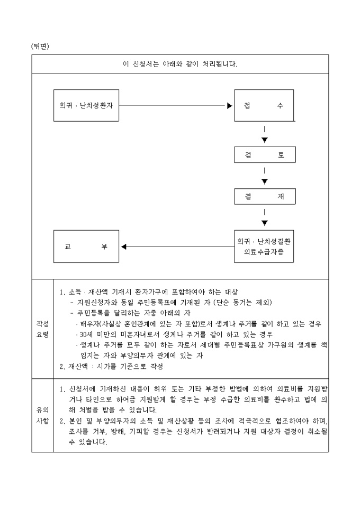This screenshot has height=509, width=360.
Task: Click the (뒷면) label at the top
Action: tap(40, 46)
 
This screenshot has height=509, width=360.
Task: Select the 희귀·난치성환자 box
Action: tap(86, 105)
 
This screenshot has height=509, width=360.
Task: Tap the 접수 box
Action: tap(264, 105)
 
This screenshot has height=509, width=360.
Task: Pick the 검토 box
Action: tap(264, 154)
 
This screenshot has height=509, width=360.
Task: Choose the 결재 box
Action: tap(264, 196)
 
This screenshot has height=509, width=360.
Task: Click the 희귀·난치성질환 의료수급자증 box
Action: tap(264, 247)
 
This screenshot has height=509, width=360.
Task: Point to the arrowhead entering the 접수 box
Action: tap(230, 105)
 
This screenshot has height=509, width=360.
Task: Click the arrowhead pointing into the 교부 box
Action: tap(124, 247)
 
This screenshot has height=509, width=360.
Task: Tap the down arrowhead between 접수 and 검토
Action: tap(265, 140)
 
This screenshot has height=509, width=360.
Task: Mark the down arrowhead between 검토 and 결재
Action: tap(265, 181)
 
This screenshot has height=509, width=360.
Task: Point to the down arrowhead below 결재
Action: tap(265, 223)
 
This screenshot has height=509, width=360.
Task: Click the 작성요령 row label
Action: tap(42, 328)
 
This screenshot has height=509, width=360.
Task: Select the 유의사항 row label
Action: tap(42, 415)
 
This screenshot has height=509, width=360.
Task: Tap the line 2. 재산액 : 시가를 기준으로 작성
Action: tap(111, 366)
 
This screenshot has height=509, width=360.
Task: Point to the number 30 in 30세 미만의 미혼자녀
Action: tap(82, 334)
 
